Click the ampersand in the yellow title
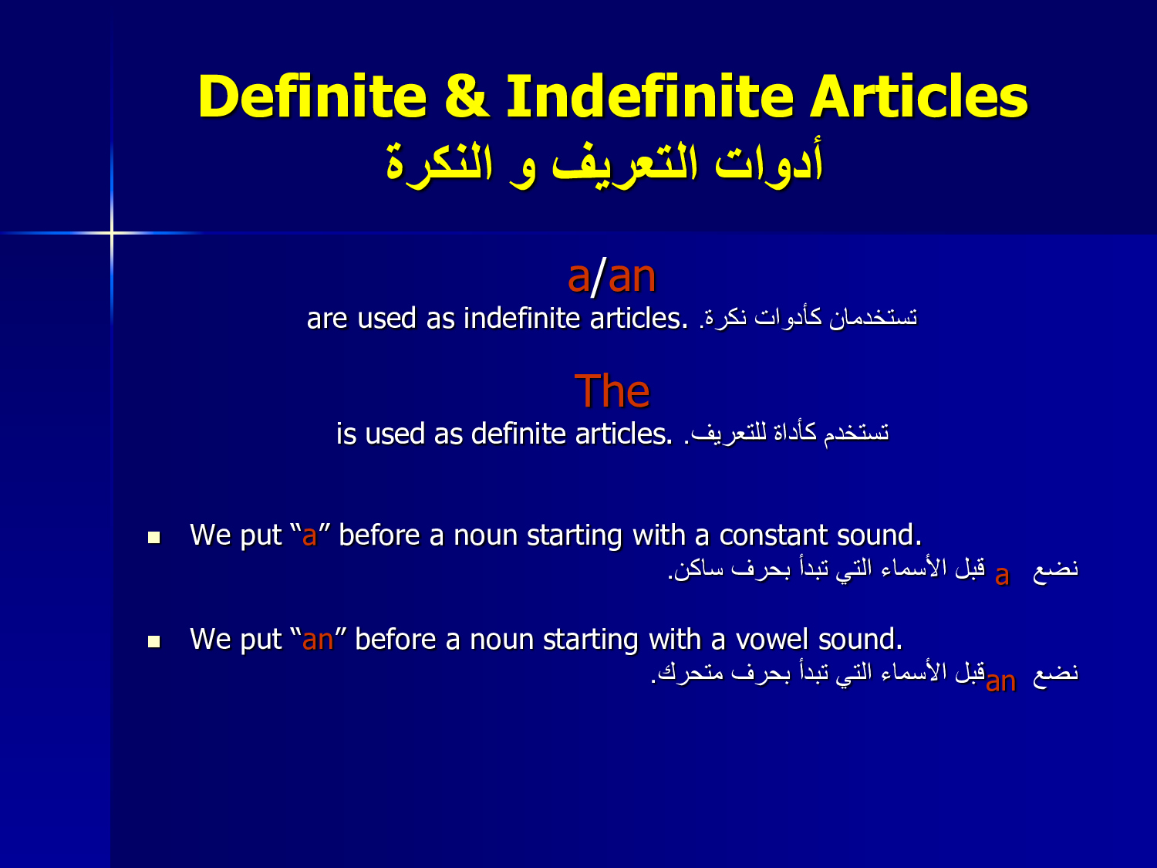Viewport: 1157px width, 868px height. point(467,96)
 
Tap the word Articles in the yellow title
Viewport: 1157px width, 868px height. point(919,96)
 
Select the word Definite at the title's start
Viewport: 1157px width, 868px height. point(312,96)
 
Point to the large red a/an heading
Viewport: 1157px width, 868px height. point(612,276)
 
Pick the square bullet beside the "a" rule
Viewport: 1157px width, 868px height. point(154,538)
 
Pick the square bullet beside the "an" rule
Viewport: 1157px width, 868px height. point(154,641)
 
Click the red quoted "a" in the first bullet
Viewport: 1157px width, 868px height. point(309,536)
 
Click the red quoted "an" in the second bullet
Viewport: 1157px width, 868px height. point(318,640)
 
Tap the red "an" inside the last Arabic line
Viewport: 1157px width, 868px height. point(1000,681)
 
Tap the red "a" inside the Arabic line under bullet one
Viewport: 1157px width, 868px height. point(1002,576)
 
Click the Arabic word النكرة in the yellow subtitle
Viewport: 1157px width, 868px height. point(439,163)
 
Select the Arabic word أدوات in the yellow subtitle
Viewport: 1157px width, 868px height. point(769,160)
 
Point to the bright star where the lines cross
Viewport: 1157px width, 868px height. point(112,232)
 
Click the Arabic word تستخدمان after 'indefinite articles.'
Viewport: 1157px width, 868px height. point(873,318)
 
